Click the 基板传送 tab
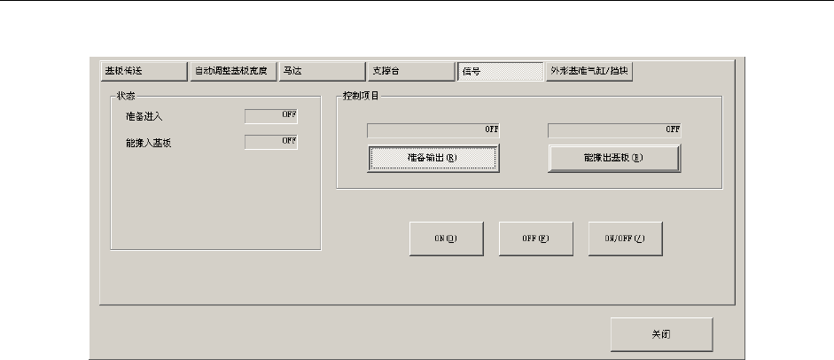140,71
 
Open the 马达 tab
321,71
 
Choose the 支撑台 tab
410,71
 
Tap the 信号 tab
499,71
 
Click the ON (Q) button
446,239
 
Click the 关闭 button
660,335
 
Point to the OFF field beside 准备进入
271,114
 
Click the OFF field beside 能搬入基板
271,141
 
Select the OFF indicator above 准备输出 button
433,130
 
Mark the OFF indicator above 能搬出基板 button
614,130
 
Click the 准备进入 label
144,115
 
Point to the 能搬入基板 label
149,142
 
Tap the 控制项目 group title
360,94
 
